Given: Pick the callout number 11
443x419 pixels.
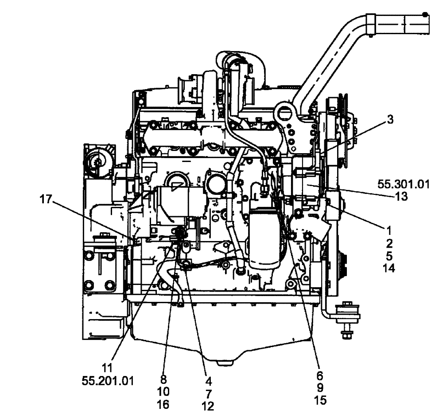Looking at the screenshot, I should [x=107, y=368].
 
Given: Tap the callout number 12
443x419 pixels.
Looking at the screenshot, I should [x=208, y=406].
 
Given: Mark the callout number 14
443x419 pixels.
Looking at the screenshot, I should [x=389, y=268].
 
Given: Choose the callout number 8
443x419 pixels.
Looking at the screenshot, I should [x=164, y=380].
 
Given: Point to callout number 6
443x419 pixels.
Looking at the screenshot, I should [x=319, y=375].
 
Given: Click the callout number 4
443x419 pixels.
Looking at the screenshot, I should [x=208, y=381].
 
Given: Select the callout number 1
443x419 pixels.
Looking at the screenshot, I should [x=389, y=231].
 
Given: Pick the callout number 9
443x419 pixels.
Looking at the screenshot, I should [x=319, y=387].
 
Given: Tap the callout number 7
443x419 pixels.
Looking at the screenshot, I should [x=208, y=393].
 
